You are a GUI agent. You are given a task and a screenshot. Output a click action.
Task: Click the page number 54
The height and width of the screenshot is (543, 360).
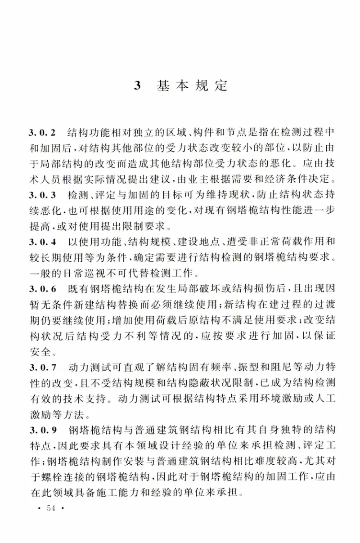pyautogui.click(x=46, y=509)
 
